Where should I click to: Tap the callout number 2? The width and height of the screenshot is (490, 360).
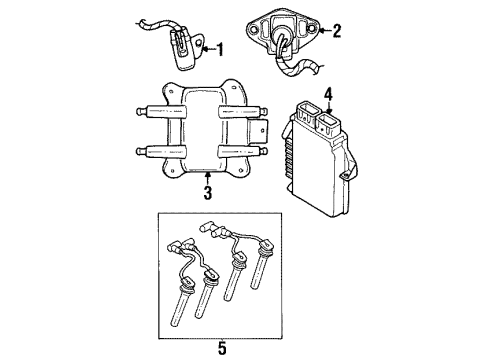pyautogui.click(x=336, y=31)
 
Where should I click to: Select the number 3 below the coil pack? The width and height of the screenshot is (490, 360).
pyautogui.click(x=208, y=192)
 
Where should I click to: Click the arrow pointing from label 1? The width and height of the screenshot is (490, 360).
pyautogui.click(x=207, y=47)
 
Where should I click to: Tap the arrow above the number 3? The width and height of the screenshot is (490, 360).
pyautogui.click(x=208, y=177)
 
